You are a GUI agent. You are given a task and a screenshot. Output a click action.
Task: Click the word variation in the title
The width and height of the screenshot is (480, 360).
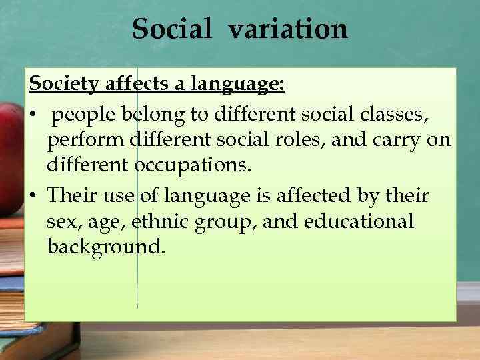pyautogui.click(x=288, y=29)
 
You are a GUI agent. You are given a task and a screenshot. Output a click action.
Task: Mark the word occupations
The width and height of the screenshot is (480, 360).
pyautogui.click(x=191, y=166)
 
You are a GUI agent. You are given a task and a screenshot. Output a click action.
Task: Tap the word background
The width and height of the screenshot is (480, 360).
pyautogui.click(x=105, y=247)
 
